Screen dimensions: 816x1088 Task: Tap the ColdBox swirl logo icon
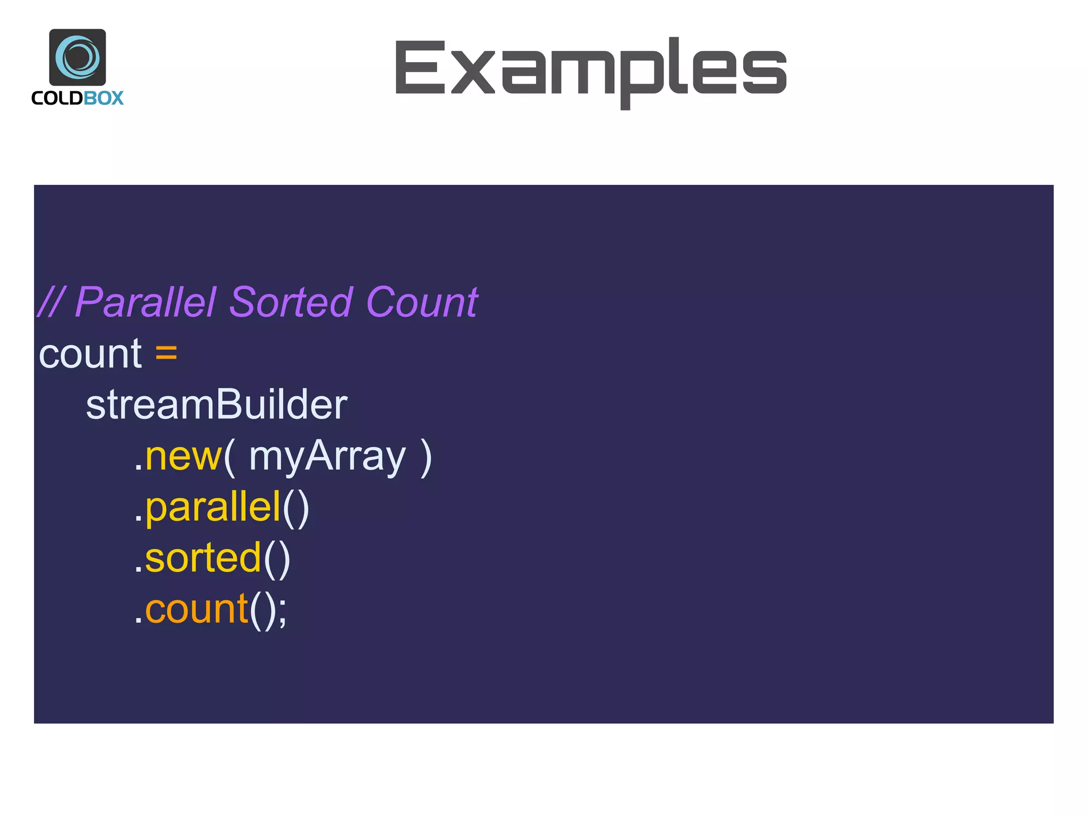point(78,57)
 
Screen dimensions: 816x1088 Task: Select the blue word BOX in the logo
point(104,98)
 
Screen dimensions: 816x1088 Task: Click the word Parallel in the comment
point(146,302)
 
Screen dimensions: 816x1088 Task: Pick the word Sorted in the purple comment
point(291,302)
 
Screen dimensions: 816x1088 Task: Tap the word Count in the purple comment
point(422,302)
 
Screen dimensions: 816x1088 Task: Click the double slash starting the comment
point(51,302)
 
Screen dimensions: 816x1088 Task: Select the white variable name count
point(90,354)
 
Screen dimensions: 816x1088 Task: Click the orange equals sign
point(166,353)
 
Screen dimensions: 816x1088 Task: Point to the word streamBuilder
point(217,405)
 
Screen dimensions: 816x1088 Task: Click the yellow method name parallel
point(212,508)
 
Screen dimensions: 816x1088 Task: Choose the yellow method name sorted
point(203,558)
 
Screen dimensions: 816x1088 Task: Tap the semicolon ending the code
point(282,612)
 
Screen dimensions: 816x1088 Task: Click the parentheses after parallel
point(296,508)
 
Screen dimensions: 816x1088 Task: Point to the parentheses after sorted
point(277,559)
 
